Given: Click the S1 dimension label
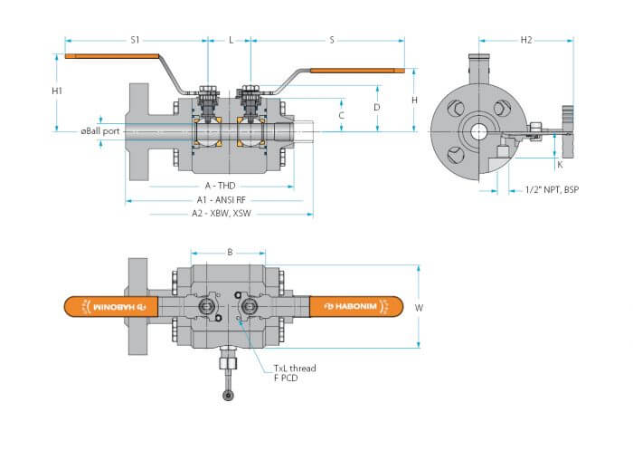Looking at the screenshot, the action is pyautogui.click(x=135, y=40).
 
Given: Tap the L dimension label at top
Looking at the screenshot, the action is pyautogui.click(x=231, y=40).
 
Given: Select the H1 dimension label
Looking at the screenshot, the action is pyautogui.click(x=57, y=91).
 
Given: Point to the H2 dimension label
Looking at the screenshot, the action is pyautogui.click(x=526, y=40).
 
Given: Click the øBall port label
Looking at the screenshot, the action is pyautogui.click(x=100, y=131).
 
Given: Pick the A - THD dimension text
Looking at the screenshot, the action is pyautogui.click(x=220, y=186).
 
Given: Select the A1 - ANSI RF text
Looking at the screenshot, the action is pyautogui.click(x=222, y=200).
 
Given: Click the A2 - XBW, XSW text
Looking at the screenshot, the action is pyautogui.click(x=222, y=214).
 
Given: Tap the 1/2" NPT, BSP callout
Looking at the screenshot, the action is pyautogui.click(x=552, y=189).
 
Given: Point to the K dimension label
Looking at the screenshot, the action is pyautogui.click(x=560, y=165).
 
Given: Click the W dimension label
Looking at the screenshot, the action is pyautogui.click(x=419, y=308).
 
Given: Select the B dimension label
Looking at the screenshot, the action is pyautogui.click(x=230, y=253).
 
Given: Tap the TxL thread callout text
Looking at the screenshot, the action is pyautogui.click(x=295, y=369).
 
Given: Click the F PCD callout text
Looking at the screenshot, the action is pyautogui.click(x=286, y=378).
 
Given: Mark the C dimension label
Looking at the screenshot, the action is pyautogui.click(x=341, y=116).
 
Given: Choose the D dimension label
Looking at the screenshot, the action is pyautogui.click(x=377, y=107).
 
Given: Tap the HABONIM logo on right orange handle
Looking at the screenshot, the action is pyautogui.click(x=351, y=306).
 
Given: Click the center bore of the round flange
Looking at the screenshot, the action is pyautogui.click(x=478, y=132).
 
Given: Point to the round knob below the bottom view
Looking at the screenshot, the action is pyautogui.click(x=228, y=396).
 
